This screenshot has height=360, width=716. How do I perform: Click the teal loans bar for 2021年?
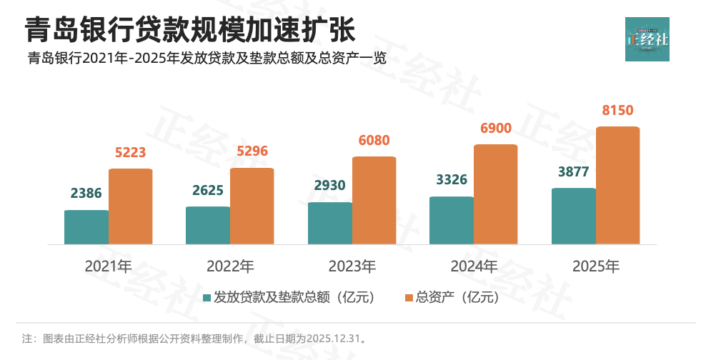[86, 227]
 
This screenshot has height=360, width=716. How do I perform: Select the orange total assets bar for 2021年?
[131, 207]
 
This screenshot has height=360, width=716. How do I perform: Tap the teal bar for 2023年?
[330, 224]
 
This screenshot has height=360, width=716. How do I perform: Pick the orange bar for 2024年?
[496, 194]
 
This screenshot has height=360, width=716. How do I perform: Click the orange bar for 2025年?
[617, 186]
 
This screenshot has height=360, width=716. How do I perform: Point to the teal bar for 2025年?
[574, 216]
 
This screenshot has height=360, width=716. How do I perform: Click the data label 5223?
[131, 152]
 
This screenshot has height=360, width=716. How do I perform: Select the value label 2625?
[208, 191]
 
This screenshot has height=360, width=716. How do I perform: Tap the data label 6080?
[374, 140]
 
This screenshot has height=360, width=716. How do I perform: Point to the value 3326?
[452, 179]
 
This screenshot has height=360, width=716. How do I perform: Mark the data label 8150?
[618, 111]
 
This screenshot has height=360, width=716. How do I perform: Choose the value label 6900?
[496, 128]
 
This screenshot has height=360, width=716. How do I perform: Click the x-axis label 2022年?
[230, 267]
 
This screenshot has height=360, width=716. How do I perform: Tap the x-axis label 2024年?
[474, 267]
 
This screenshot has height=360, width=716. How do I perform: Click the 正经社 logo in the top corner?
[647, 39]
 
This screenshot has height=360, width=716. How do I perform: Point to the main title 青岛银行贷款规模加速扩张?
[190, 31]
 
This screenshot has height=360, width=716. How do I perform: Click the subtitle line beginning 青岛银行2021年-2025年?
[207, 59]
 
